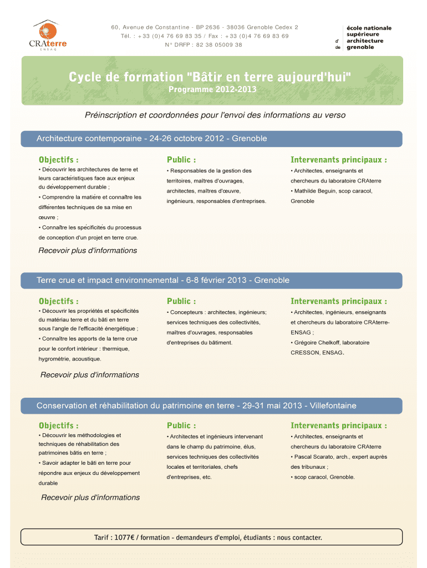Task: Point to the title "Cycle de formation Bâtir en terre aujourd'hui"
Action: coord(210,77)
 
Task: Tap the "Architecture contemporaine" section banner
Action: coord(151,138)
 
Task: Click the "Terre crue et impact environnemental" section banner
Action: coord(163,280)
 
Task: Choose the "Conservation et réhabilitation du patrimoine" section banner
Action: coord(196,406)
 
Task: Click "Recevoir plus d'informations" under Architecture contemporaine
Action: coord(88,251)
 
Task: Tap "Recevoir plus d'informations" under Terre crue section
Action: coord(90,375)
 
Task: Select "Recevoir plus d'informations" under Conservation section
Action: coord(90,498)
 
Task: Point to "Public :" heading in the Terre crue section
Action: coord(181,301)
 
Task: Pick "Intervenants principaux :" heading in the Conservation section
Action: coord(338,425)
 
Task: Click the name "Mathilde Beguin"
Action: coord(316,191)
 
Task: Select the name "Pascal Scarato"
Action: coord(314,457)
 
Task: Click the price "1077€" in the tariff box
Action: coord(129,537)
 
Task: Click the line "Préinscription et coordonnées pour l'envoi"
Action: coord(215,115)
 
